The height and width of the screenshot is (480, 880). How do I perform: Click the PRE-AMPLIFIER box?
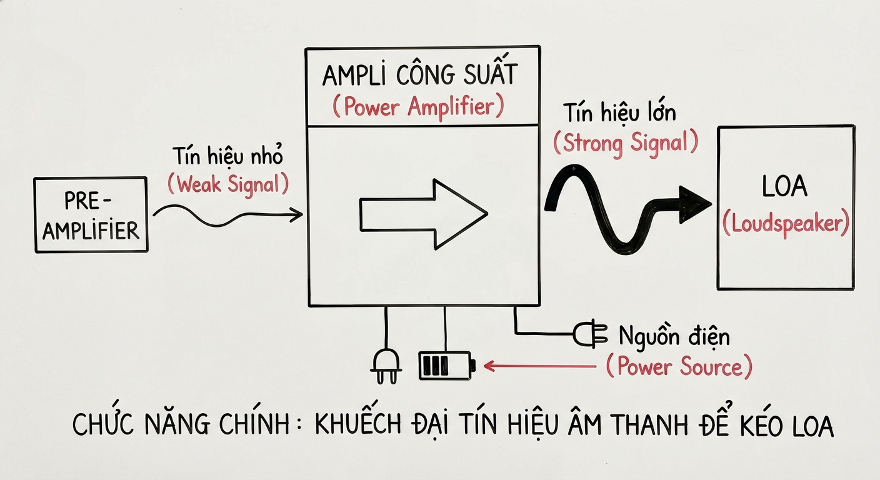[x=91, y=215]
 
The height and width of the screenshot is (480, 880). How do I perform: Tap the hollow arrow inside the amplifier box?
[x=423, y=215]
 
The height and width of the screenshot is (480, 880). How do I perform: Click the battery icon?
[x=446, y=366]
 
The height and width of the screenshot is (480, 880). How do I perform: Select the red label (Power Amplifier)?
[x=417, y=107]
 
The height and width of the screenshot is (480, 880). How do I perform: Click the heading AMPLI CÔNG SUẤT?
[x=420, y=76]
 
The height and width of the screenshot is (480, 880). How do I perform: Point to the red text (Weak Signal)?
[x=229, y=183]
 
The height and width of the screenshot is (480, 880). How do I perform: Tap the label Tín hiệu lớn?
[x=619, y=113]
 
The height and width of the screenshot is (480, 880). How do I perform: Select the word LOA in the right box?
[x=785, y=187]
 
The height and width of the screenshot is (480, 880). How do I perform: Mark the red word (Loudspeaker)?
[x=786, y=224]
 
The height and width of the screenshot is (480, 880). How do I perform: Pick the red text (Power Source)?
[x=679, y=366]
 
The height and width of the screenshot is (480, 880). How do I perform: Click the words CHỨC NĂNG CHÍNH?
[x=181, y=425]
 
